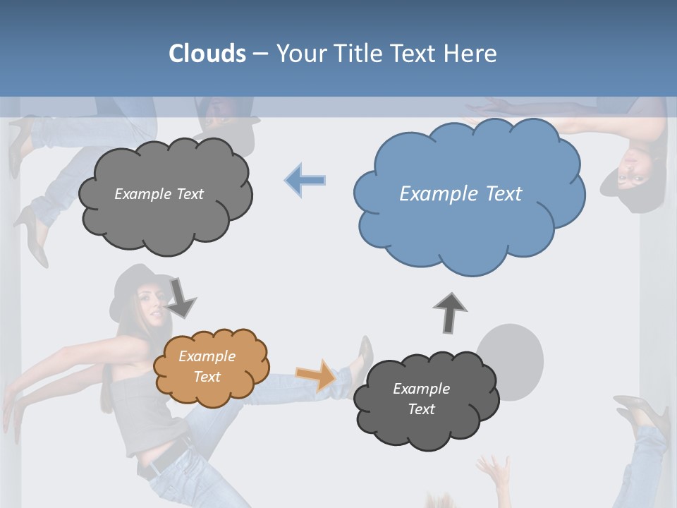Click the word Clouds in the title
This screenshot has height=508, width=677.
(x=207, y=54)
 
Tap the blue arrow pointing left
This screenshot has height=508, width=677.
(x=305, y=181)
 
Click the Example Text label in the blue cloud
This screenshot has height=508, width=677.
(x=461, y=193)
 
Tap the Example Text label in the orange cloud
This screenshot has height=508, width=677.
(x=207, y=366)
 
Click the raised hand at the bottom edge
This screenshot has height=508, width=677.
(x=493, y=473)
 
